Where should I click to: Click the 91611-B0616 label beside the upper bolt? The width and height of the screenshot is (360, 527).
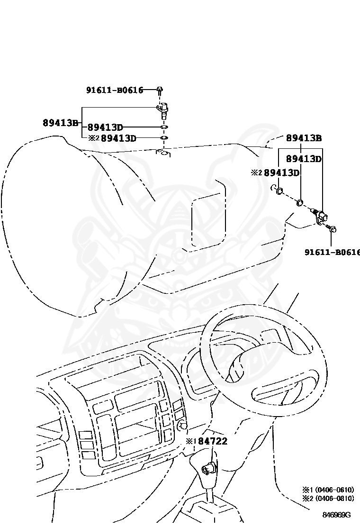(114, 90)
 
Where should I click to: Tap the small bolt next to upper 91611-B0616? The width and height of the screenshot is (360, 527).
(160, 89)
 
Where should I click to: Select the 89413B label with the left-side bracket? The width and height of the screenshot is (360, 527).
(60, 123)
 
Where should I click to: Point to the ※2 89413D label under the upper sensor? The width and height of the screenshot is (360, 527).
(113, 138)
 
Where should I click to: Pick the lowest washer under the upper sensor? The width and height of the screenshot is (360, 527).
(163, 138)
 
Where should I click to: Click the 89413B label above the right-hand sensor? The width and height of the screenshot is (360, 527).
(304, 138)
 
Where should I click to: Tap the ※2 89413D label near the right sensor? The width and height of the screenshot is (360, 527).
(275, 173)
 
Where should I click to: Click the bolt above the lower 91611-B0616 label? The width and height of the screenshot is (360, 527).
(332, 229)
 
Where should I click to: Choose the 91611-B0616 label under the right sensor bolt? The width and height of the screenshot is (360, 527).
(332, 252)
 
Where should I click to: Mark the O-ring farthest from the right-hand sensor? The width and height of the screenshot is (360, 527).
(279, 191)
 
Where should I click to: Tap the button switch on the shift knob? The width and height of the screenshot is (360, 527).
(208, 469)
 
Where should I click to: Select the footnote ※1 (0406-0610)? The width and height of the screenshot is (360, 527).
(328, 490)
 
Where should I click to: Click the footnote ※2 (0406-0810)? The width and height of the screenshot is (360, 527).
(328, 498)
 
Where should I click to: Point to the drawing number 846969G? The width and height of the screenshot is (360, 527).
(336, 515)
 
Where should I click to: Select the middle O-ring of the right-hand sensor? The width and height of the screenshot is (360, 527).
(300, 204)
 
